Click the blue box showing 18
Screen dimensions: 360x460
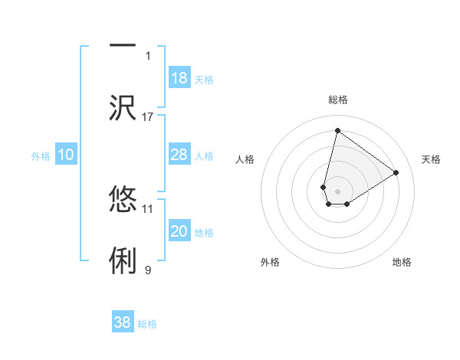pyautogui.click(x=179, y=78)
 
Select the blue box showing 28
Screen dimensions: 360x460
pyautogui.click(x=179, y=155)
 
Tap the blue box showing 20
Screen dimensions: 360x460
pyautogui.click(x=179, y=231)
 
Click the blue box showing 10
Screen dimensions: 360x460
pyautogui.click(x=66, y=155)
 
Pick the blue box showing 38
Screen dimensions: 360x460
pyautogui.click(x=123, y=322)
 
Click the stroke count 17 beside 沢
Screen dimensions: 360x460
pyautogui.click(x=148, y=116)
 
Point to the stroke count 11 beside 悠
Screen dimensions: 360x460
pyautogui.click(x=148, y=208)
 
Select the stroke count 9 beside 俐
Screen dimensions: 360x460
pyautogui.click(x=148, y=270)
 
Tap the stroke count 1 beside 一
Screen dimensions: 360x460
pyautogui.click(x=148, y=55)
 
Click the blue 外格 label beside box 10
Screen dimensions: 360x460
pyautogui.click(x=41, y=155)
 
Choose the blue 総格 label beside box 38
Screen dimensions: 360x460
pyautogui.click(x=147, y=323)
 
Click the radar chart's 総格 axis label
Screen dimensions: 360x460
pyautogui.click(x=337, y=100)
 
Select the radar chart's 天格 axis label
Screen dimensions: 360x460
pyautogui.click(x=431, y=159)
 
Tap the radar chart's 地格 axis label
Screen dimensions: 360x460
pyautogui.click(x=402, y=262)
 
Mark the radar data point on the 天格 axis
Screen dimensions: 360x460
pyautogui.click(x=396, y=172)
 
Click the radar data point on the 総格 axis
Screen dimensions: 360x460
pyautogui.click(x=337, y=131)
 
